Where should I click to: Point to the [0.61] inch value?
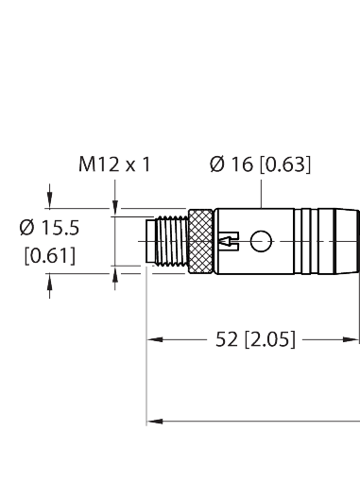pyautogui.click(x=50, y=255)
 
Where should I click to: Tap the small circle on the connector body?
pyautogui.click(x=259, y=244)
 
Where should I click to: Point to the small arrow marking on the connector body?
pyautogui.click(x=229, y=244)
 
